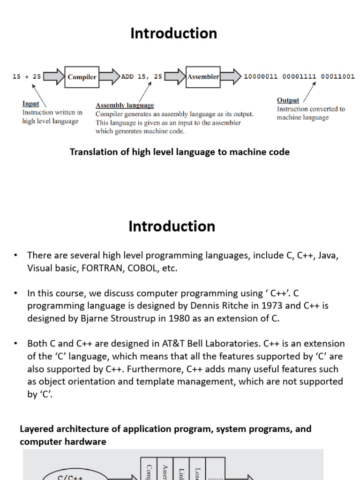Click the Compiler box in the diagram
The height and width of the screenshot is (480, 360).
[82, 77]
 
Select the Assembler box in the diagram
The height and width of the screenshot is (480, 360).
[203, 77]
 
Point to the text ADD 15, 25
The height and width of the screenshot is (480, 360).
[142, 77]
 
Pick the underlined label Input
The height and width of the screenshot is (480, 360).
[31, 104]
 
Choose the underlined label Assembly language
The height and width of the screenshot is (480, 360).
[125, 105]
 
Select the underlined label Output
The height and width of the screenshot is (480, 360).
[288, 100]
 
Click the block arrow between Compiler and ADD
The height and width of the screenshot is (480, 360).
[109, 77]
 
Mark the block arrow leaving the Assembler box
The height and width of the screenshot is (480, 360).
[231, 77]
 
